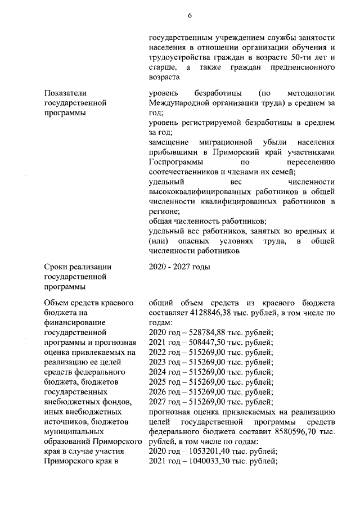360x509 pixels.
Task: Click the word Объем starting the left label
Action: (56, 303)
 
